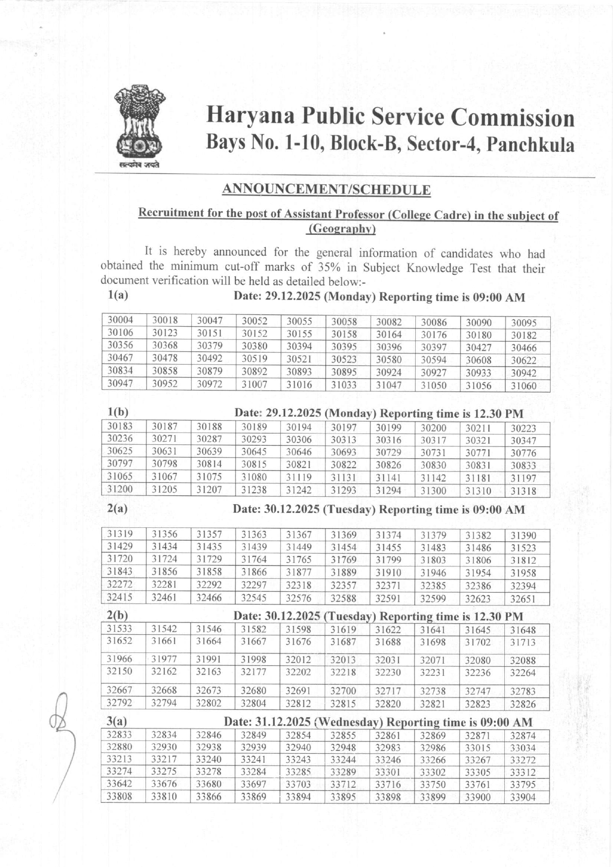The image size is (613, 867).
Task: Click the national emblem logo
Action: [x=139, y=127]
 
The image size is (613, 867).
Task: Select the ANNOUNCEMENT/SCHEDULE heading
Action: [x=326, y=190]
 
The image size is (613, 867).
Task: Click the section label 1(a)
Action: [x=118, y=296]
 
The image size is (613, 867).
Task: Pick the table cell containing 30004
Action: [x=121, y=320]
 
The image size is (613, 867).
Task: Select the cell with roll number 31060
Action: [x=524, y=386]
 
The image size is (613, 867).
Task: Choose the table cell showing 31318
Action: [x=524, y=491]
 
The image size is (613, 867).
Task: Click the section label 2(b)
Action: [x=117, y=615]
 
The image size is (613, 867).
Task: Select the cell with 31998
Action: [x=254, y=659]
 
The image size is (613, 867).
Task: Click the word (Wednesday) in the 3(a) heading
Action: [x=349, y=722]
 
